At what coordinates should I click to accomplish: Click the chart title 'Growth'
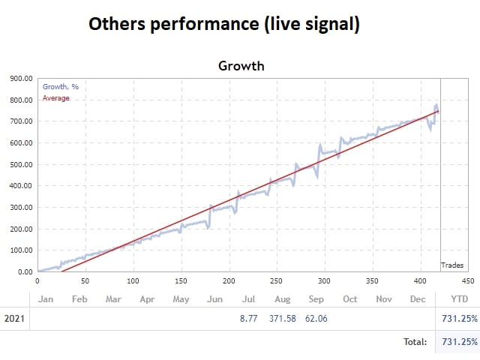241,66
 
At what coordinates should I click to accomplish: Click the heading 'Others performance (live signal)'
224,24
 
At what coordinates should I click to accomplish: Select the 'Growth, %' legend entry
61,87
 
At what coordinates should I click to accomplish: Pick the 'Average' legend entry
56,98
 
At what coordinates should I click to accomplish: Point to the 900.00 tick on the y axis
20,78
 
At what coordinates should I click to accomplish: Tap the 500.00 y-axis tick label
20,164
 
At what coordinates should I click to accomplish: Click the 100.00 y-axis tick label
20,250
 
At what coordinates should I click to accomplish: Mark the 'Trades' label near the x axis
452,265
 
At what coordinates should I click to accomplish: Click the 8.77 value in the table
248,319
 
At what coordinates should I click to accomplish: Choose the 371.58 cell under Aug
282,319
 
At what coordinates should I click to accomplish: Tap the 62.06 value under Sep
316,319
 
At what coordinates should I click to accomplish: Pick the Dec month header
417,298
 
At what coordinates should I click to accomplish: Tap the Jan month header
46,298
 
